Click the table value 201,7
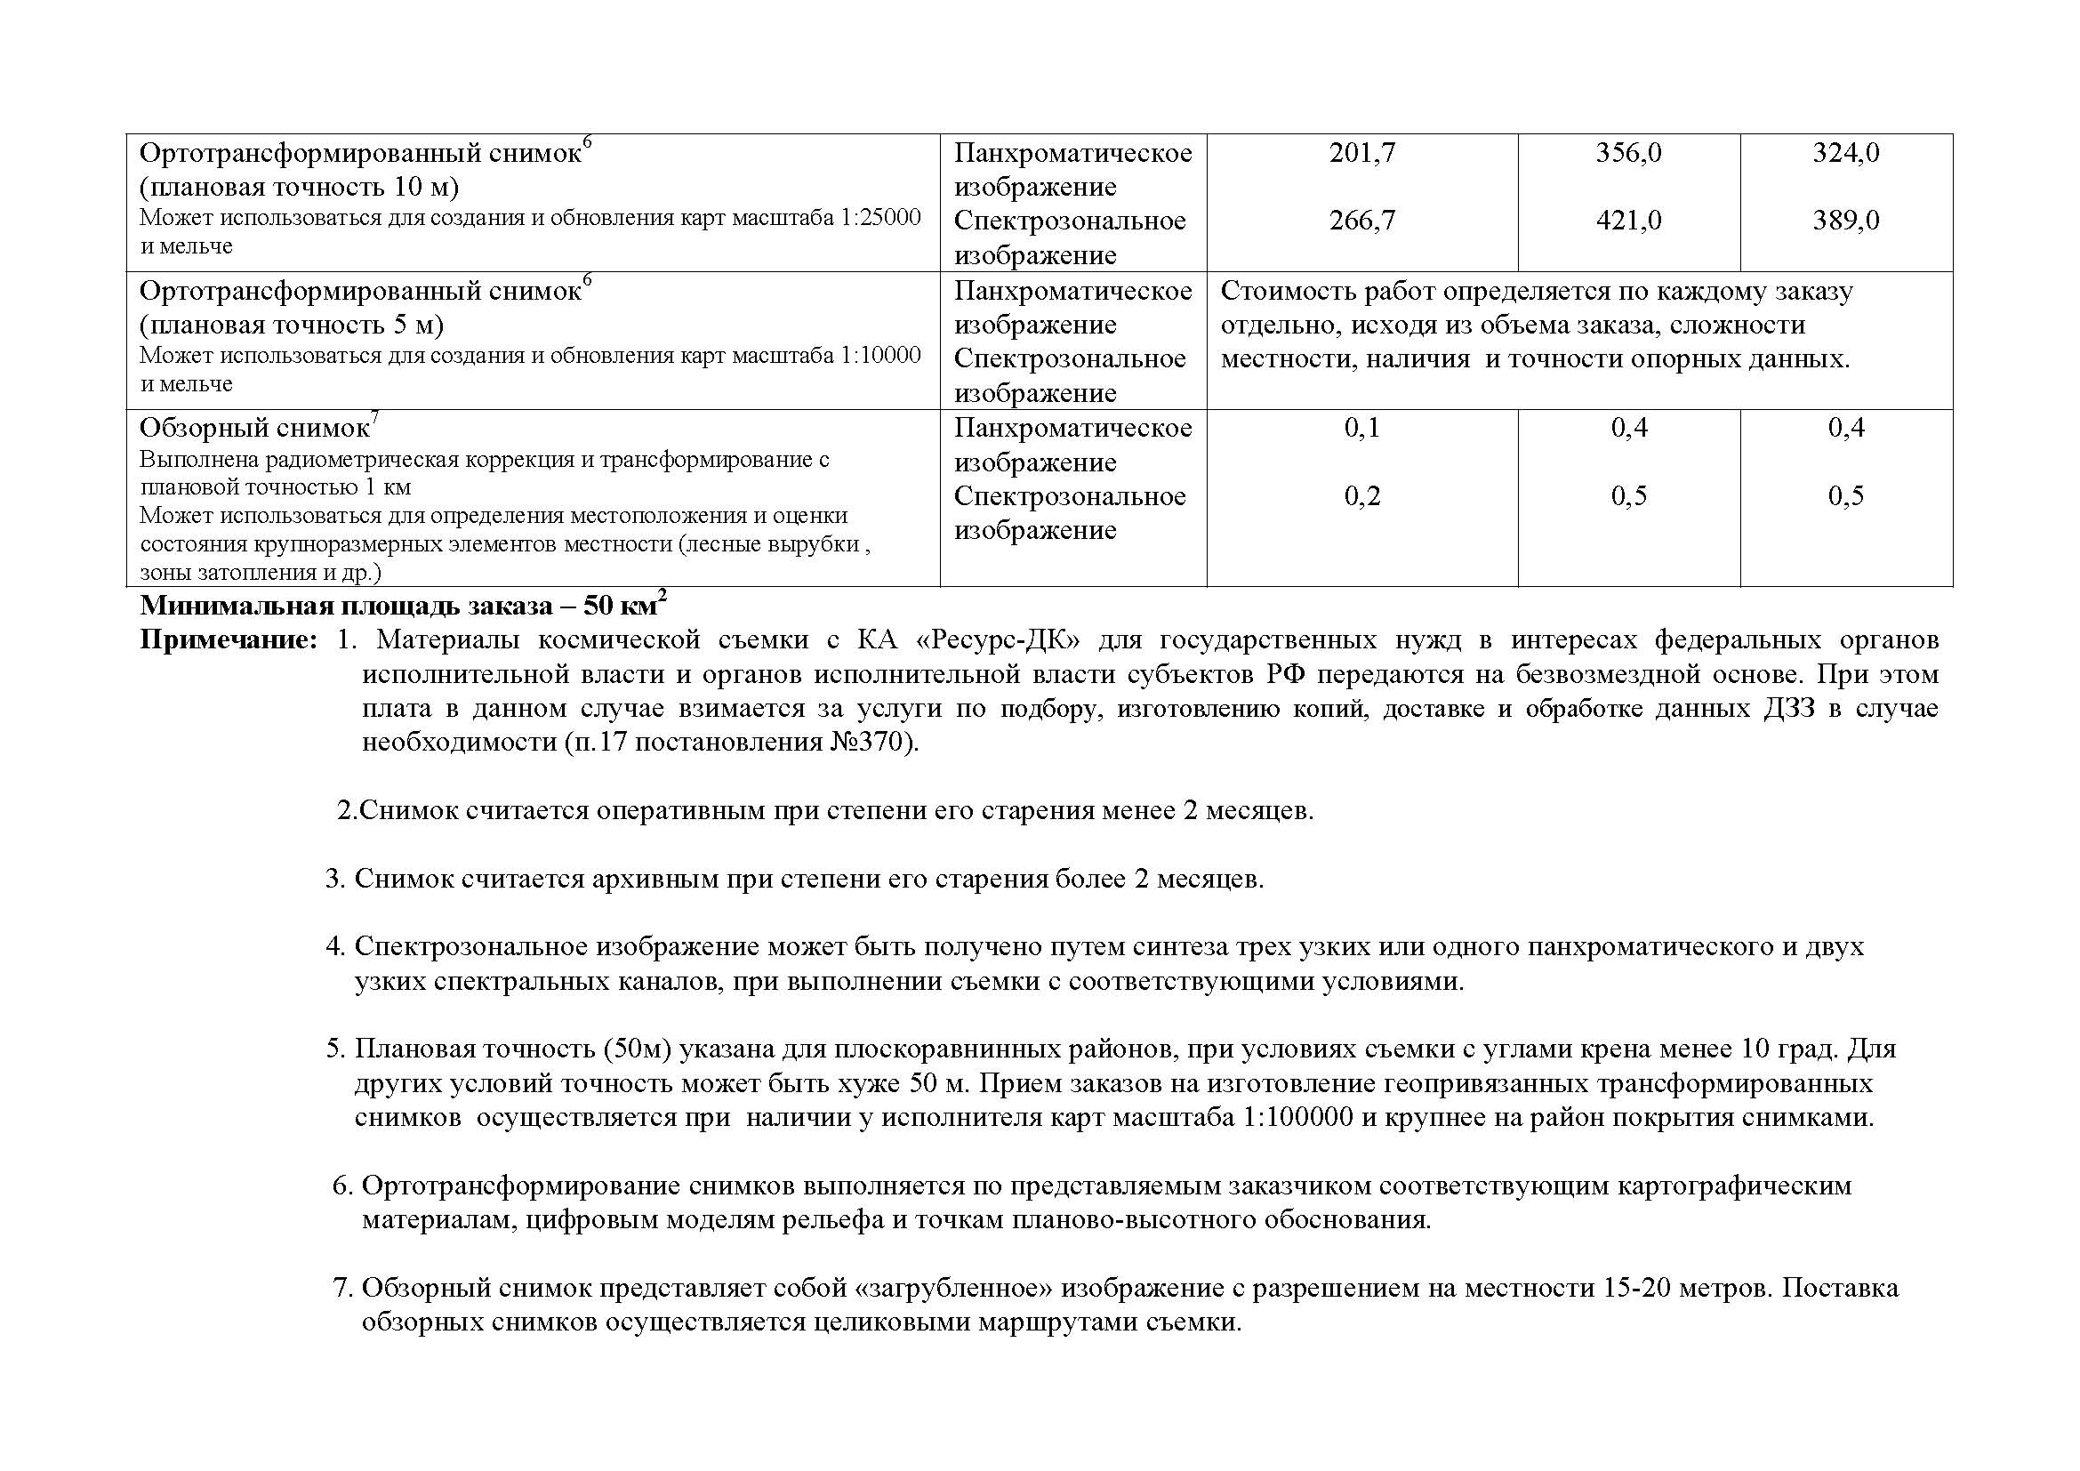pos(1361,153)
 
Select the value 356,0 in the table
pos(1628,153)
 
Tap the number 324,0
pos(1845,153)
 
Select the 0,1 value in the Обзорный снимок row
pos(1361,429)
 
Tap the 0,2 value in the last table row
pos(1361,496)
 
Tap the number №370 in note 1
pos(867,743)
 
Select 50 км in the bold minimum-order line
pos(624,604)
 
